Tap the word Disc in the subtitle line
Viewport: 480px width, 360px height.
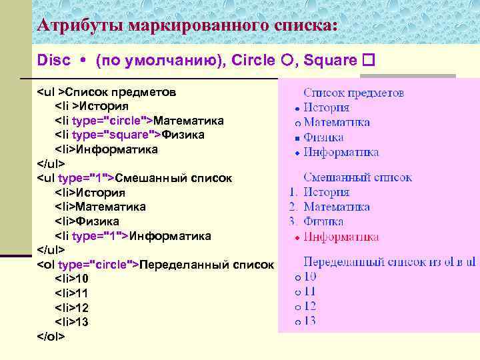[53, 61]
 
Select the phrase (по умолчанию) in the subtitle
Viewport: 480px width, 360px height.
[160, 61]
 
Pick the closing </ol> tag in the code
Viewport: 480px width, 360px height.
[51, 337]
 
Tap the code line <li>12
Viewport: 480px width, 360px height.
[71, 308]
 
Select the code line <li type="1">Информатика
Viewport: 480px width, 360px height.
[133, 236]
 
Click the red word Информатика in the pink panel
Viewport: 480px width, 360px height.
[341, 237]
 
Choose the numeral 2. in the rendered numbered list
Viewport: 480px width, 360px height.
[293, 207]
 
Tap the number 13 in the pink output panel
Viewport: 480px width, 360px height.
[310, 321]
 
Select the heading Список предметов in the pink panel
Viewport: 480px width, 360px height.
[353, 93]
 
